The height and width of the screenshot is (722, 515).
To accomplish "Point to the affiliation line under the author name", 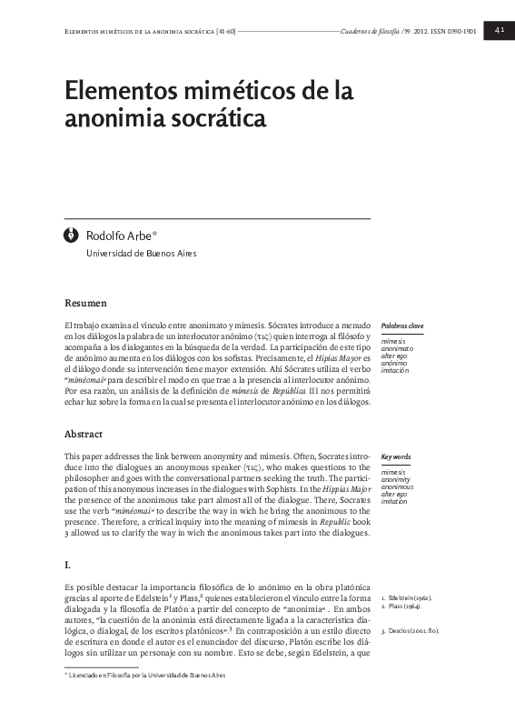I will [141, 253].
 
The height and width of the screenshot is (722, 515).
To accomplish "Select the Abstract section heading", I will [84, 433].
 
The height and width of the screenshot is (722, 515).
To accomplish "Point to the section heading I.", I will [67, 564].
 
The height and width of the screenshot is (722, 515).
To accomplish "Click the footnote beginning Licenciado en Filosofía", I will [145, 701].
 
